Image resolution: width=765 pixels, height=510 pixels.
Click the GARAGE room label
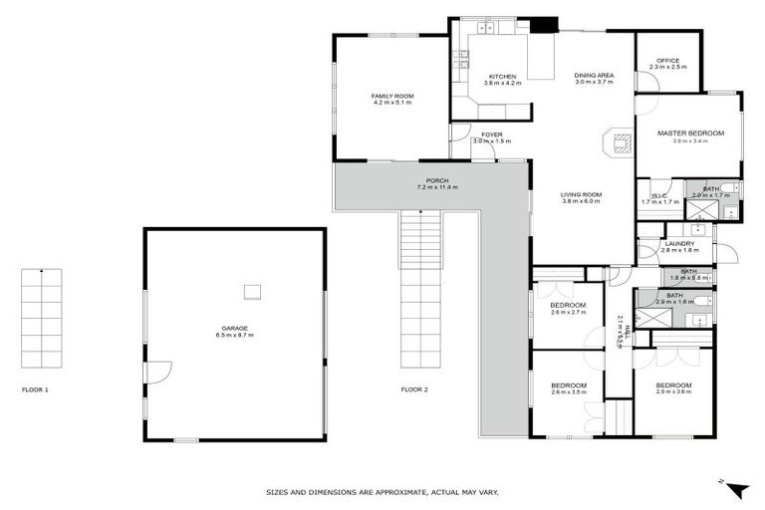pos(235,328)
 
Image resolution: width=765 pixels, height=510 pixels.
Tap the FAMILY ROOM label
pos(392,96)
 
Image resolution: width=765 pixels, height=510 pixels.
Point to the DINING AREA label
pos(594,76)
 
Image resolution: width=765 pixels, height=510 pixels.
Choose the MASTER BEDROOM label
pos(690,133)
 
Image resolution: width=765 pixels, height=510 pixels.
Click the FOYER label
pos(491,134)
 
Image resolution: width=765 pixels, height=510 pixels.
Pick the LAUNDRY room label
pos(681,243)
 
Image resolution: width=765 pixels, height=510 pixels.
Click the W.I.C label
pos(658,195)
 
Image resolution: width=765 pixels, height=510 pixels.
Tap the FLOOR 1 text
pos(35,389)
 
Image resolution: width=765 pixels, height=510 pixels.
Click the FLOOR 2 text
pos(414,389)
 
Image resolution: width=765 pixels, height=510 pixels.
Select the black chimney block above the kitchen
pos(544,27)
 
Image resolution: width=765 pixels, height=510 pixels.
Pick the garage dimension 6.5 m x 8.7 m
pos(235,335)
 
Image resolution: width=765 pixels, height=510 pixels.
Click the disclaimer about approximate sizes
pos(382,491)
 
